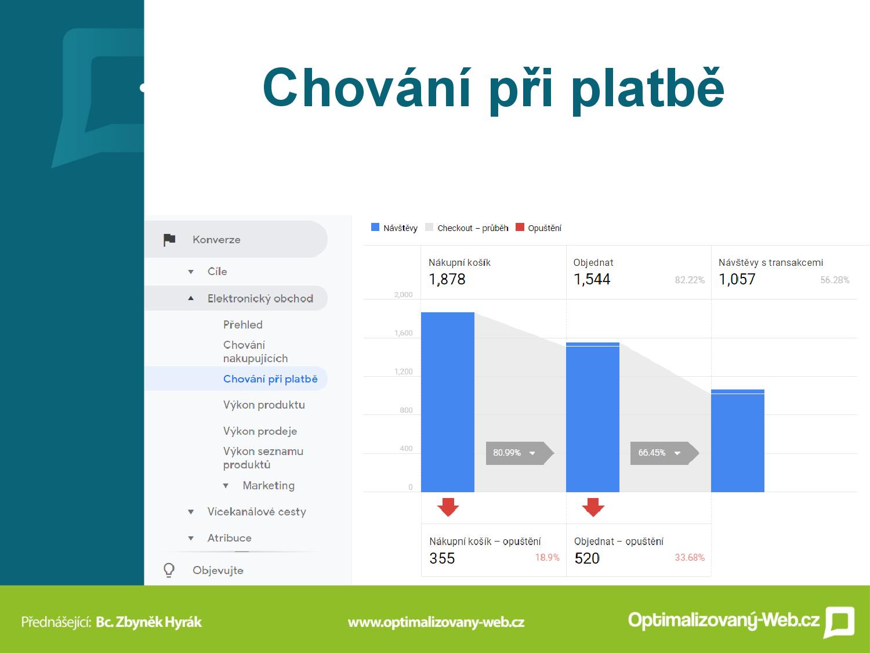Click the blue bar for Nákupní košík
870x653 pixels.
448,402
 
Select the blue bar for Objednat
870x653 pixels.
593,417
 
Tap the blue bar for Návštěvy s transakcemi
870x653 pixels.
738,441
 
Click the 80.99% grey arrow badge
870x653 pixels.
520,453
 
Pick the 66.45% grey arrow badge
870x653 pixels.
665,453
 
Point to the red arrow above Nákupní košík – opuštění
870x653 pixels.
448,507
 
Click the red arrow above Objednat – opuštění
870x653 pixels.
593,507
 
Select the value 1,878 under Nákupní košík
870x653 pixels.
447,280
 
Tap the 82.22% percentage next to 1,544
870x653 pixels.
690,280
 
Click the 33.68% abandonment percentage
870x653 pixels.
690,557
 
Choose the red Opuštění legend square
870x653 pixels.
520,227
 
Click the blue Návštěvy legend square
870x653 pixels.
375,227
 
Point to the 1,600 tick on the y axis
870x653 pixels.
404,333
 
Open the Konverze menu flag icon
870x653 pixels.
169,240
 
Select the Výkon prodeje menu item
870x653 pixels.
260,431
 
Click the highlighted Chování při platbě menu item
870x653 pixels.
270,379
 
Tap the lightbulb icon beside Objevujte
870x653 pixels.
169,570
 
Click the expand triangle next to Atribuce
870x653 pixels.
191,539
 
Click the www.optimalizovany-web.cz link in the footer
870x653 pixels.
436,622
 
